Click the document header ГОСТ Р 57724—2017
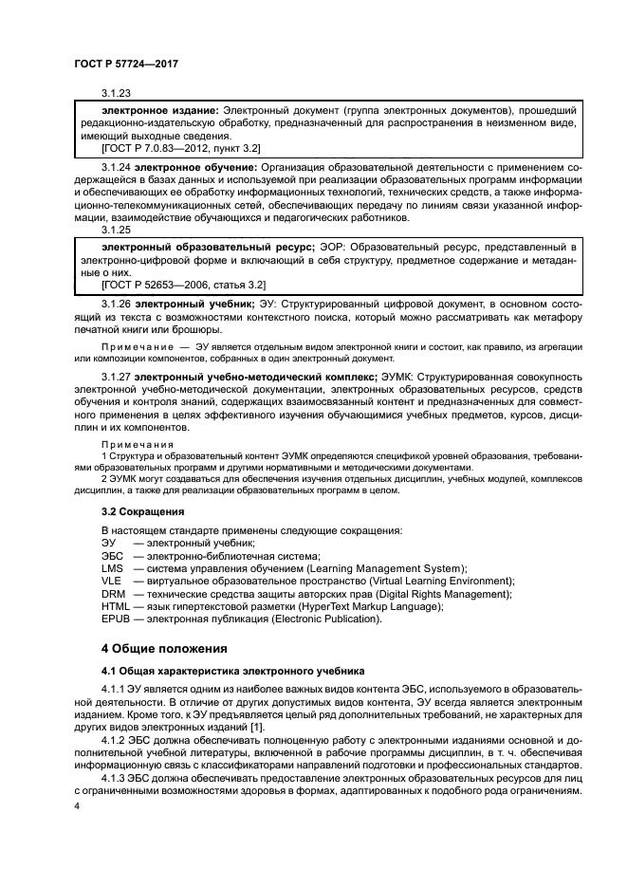126,63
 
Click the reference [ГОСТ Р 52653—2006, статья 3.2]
183,284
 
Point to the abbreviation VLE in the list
113,581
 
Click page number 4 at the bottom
77,804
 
